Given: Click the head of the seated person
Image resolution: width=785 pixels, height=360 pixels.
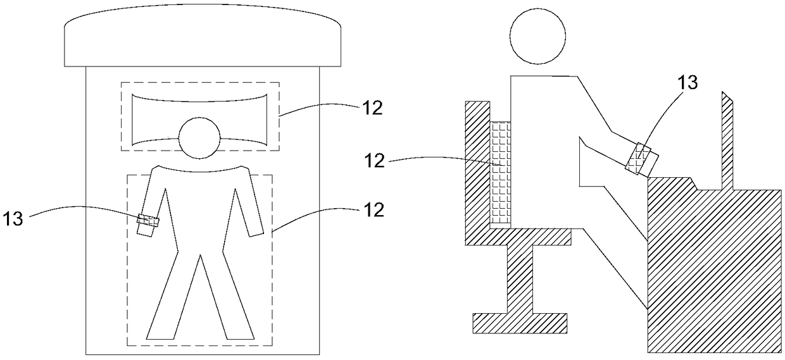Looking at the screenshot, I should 538,37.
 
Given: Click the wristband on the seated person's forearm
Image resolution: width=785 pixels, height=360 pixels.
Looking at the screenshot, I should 641,158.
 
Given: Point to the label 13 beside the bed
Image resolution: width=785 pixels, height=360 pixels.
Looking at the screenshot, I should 13,218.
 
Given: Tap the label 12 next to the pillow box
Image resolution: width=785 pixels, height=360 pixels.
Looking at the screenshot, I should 372,108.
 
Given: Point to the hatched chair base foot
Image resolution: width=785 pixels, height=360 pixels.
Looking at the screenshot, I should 519,322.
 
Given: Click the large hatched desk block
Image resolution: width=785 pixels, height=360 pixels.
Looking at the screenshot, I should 715,272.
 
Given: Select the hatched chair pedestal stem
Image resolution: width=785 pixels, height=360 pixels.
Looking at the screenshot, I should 519,278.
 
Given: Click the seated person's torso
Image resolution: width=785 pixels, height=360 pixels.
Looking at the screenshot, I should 544,152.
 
